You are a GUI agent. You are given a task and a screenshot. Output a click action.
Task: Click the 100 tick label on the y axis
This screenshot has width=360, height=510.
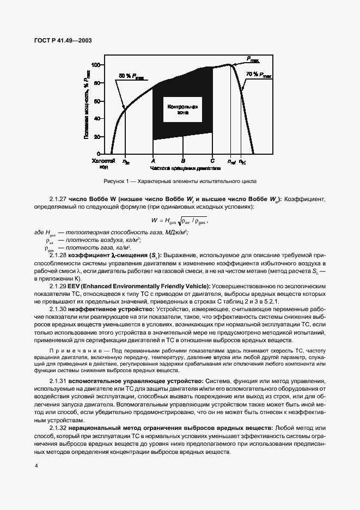click(94, 64)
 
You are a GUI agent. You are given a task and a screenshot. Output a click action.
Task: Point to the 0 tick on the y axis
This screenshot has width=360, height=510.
click(98, 154)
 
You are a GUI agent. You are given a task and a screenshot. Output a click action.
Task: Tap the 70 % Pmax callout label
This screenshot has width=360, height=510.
click(259, 74)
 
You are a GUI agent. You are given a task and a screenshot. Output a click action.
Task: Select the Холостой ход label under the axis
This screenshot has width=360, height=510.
click(103, 164)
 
